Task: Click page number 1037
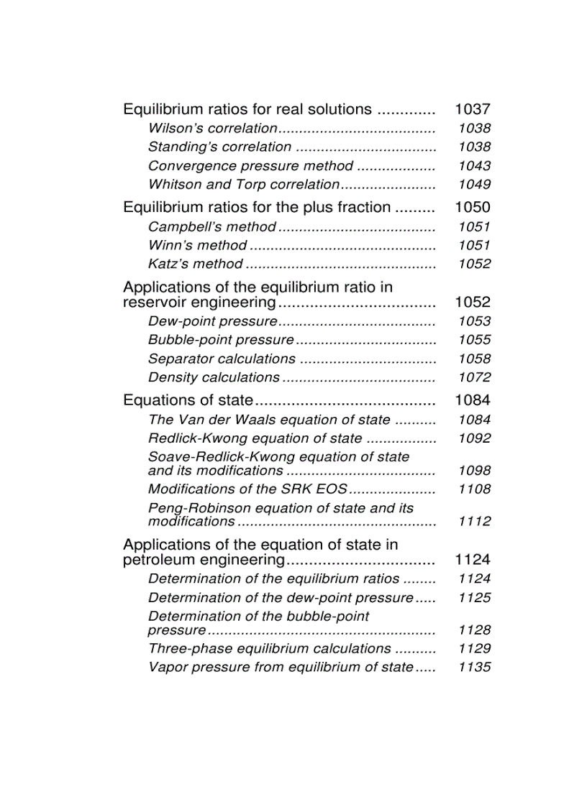click(x=473, y=110)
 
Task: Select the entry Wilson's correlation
click(x=212, y=129)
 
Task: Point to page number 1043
click(x=474, y=166)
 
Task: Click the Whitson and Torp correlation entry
click(x=243, y=185)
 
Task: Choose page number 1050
click(x=473, y=208)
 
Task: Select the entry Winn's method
click(x=197, y=246)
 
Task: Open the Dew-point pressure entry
click(x=212, y=322)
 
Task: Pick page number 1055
click(x=474, y=340)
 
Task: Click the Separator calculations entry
click(x=222, y=359)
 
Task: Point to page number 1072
click(x=474, y=377)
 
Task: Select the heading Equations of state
click(x=188, y=400)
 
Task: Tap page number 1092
click(x=474, y=438)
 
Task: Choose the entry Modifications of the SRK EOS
click(x=247, y=489)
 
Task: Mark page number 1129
click(x=474, y=649)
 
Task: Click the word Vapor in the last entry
click(x=166, y=668)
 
